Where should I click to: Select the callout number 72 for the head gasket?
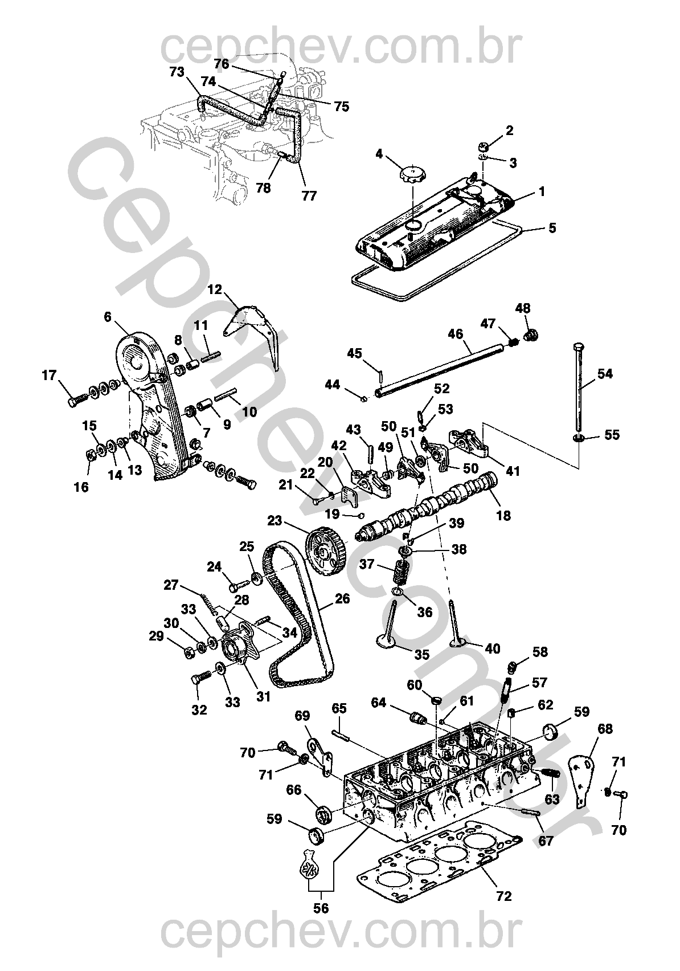click(504, 896)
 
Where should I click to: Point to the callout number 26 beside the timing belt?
click(342, 599)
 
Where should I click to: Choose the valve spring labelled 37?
click(402, 571)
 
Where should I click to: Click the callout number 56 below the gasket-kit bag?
click(321, 908)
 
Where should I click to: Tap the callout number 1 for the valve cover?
click(542, 192)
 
